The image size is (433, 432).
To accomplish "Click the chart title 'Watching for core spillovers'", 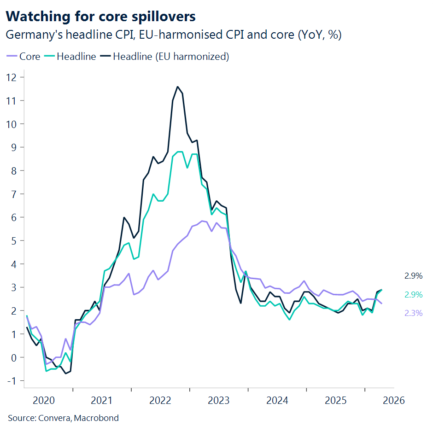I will pyautogui.click(x=101, y=17).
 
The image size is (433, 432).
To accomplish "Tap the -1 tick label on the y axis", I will pyautogui.click(x=12, y=380).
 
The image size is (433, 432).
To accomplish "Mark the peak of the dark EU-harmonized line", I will pyautogui.click(x=178, y=87).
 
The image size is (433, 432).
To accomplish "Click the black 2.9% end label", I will pyautogui.click(x=413, y=276).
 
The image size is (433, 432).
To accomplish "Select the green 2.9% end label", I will pyautogui.click(x=413, y=295).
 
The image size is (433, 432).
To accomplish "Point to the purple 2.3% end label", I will pyautogui.click(x=413, y=313).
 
